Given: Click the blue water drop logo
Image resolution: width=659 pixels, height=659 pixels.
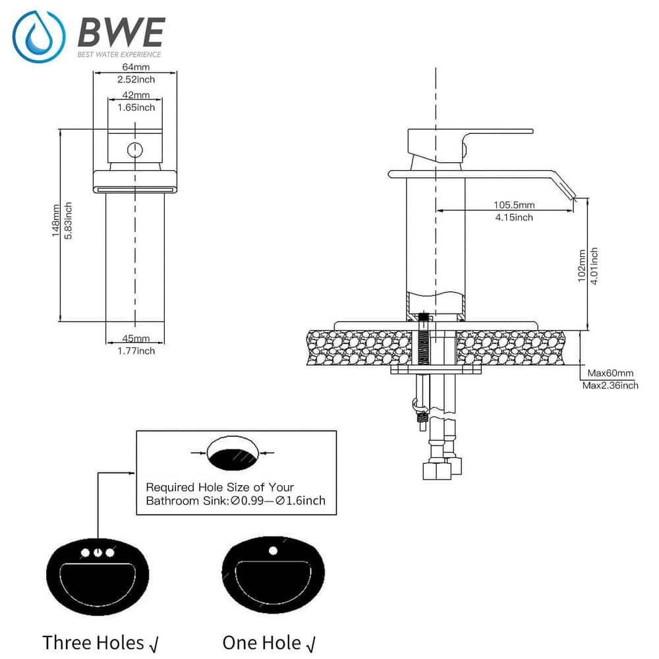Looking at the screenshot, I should pos(39,36).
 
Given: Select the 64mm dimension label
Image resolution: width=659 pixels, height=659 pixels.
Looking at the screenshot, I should pos(135,67).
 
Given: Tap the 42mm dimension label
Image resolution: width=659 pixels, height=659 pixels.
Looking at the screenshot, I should pos(136,96).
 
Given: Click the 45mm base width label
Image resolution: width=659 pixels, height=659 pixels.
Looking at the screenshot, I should pos(135,339).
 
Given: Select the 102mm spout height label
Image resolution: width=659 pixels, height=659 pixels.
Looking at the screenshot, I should pos(582,266).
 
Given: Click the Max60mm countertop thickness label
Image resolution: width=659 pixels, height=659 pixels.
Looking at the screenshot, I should pos(611,374).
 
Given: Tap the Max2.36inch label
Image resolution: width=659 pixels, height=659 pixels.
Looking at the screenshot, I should pos(610,386).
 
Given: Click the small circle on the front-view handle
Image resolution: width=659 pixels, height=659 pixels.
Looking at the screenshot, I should pos(134,150).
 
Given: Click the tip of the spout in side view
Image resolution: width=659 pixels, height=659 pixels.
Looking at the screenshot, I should pos(572,196).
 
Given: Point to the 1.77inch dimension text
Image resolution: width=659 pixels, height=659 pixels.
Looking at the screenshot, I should pos(135,351).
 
